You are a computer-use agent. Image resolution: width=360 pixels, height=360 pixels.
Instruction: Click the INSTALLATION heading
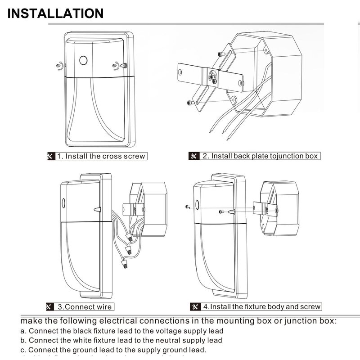click(x=55, y=13)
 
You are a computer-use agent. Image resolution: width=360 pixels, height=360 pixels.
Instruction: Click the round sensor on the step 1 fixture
click(x=83, y=60)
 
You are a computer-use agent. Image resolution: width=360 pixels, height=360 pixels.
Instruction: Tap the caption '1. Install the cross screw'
click(x=101, y=156)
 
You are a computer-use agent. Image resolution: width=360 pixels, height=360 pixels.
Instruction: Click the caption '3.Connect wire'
click(x=84, y=307)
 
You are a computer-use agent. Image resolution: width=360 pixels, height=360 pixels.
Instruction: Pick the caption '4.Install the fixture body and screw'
click(x=261, y=307)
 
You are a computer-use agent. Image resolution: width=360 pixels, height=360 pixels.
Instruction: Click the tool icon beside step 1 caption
click(x=50, y=156)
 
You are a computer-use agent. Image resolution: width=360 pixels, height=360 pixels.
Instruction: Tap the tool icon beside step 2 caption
click(x=194, y=156)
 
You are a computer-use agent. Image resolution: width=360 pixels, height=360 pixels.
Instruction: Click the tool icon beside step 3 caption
click(x=50, y=307)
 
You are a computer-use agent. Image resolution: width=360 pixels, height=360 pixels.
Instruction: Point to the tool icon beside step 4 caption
click(x=194, y=307)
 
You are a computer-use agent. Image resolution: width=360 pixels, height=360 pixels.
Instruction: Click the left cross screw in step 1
click(x=59, y=66)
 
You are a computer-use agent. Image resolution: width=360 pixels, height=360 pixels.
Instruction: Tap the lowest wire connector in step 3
click(x=124, y=265)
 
